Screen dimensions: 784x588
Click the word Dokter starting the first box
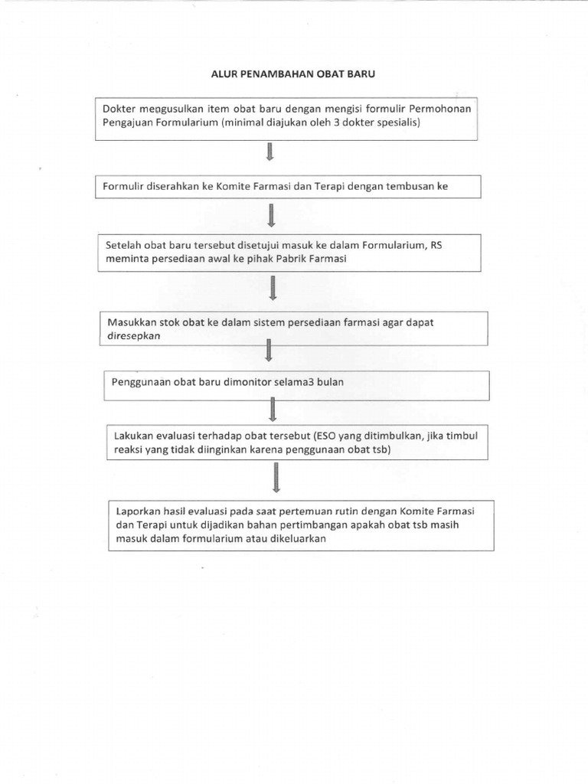(x=119, y=109)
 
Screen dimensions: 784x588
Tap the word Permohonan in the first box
(x=444, y=109)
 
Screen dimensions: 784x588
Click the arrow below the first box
(x=270, y=153)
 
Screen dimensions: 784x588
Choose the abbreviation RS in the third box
(x=436, y=246)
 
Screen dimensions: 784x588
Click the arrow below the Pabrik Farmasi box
(x=273, y=289)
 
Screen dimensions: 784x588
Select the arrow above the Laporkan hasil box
(x=276, y=480)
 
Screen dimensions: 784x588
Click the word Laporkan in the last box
(x=139, y=511)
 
